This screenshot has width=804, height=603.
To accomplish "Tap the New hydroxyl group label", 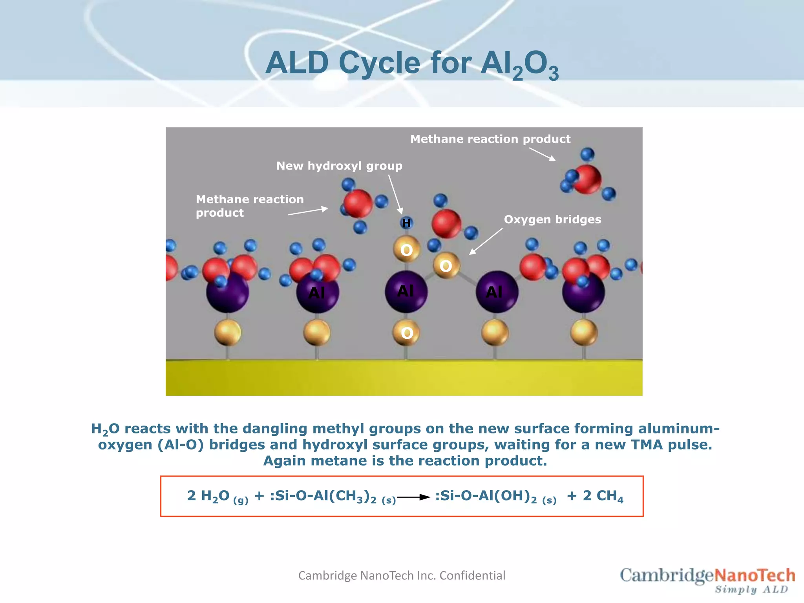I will [339, 166].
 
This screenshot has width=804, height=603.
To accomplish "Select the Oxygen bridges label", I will [552, 219].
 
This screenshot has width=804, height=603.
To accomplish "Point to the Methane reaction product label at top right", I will [490, 139].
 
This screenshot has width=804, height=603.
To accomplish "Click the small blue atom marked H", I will [406, 223].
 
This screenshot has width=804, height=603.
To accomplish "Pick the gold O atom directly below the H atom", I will [407, 250].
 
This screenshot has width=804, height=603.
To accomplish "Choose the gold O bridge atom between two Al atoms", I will [446, 266].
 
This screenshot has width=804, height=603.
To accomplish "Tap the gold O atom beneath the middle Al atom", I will [407, 333].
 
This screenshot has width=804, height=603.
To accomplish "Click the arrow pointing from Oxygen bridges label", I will [486, 241].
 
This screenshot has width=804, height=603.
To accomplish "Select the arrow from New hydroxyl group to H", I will [395, 194].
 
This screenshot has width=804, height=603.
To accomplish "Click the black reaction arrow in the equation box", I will [414, 497].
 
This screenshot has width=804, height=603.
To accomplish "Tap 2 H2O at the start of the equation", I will [208, 496].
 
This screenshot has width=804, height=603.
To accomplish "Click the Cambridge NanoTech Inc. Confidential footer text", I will [402, 576].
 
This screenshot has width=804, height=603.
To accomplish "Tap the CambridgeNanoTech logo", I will [707, 576].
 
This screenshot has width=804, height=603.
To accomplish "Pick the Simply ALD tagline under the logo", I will [751, 590].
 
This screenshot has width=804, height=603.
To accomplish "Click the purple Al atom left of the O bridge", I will [406, 291].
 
